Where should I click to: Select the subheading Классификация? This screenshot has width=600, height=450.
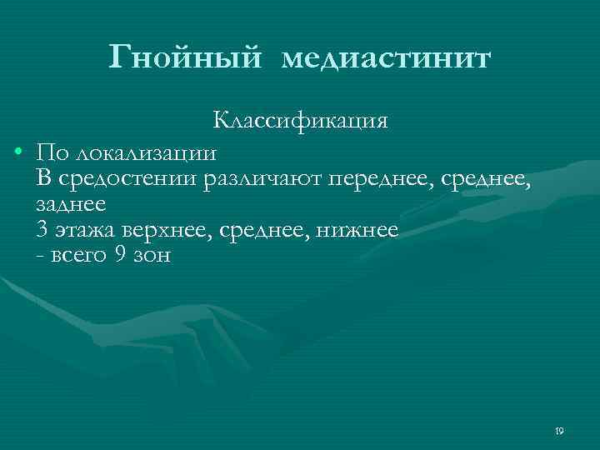tap(300, 120)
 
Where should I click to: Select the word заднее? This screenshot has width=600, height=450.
tap(71, 204)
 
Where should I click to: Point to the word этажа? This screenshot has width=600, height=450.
tap(87, 231)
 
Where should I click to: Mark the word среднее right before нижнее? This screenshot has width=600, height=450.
tap(263, 231)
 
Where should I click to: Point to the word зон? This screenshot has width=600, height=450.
tap(152, 257)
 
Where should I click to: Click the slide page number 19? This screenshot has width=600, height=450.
tap(558, 431)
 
